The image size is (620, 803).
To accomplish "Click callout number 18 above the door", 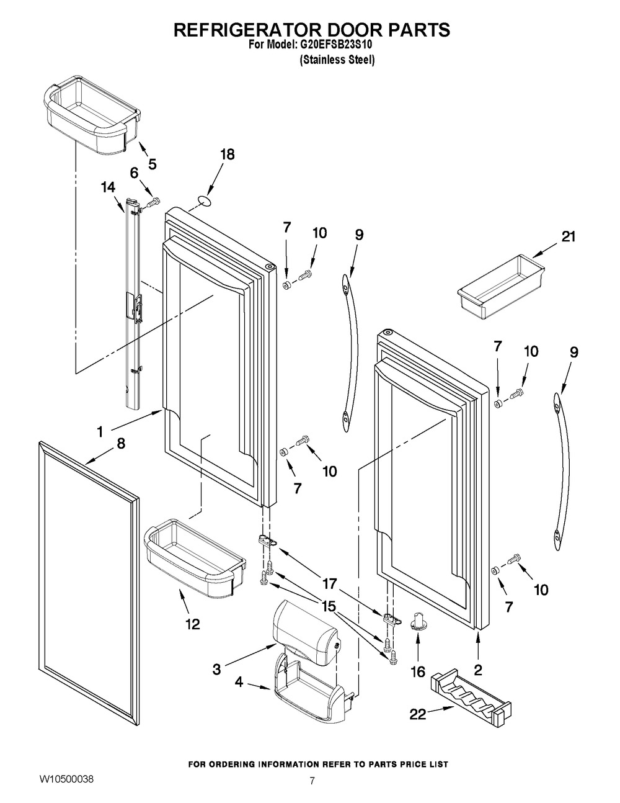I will click(228, 155).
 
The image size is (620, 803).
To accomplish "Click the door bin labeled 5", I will click(90, 112).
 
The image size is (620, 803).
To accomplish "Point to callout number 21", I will click(569, 236).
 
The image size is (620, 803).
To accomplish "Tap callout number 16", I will click(417, 671).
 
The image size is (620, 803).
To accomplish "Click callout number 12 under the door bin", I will click(192, 624).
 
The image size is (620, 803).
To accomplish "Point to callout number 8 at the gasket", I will click(120, 444).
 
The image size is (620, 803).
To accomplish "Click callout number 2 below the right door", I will click(478, 670).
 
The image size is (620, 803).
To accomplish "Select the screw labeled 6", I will click(153, 201).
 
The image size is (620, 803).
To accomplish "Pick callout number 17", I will click(329, 583).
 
